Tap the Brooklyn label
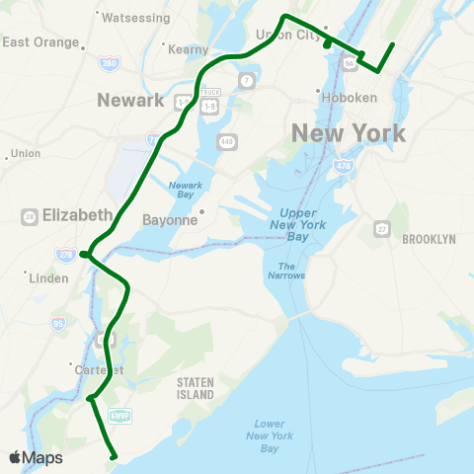429,239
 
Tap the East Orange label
40,42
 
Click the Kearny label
190,49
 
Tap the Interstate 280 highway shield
110,64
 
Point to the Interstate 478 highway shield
344,168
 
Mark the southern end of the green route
116,456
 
